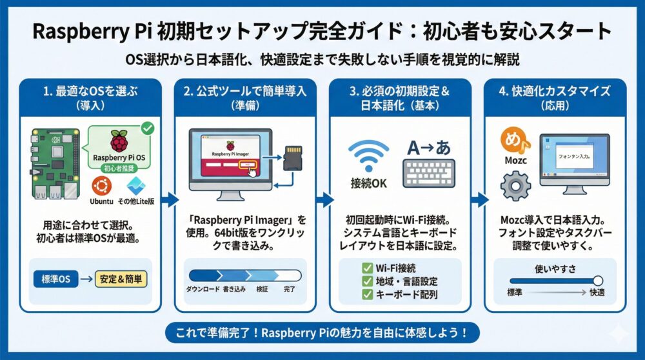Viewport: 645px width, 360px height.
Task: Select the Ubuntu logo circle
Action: (101, 186)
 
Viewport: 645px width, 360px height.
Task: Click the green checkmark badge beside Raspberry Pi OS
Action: (147, 129)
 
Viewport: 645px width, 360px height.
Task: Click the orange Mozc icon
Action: (515, 141)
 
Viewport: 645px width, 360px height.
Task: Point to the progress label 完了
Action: (290, 290)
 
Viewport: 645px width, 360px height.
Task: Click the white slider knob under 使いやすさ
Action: (597, 281)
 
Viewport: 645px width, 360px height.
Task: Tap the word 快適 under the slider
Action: (597, 293)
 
